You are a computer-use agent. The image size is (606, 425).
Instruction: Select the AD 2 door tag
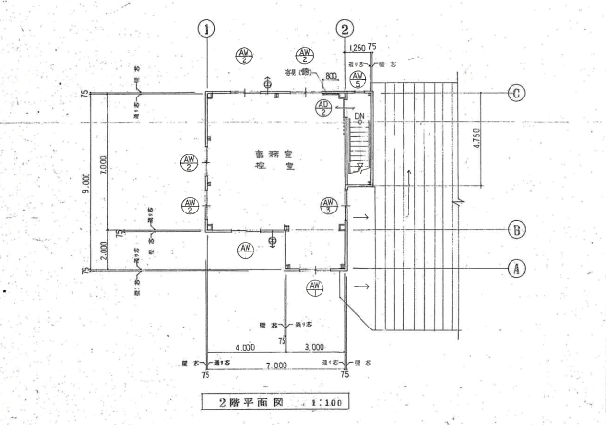click(x=324, y=107)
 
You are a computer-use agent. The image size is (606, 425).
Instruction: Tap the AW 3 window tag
click(x=328, y=206)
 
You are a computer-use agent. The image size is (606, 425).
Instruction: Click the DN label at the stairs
click(x=360, y=115)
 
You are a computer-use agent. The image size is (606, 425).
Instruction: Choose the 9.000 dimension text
click(x=87, y=180)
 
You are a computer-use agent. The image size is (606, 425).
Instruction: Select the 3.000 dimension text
click(x=315, y=347)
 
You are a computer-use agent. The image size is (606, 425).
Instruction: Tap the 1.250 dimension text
click(x=357, y=46)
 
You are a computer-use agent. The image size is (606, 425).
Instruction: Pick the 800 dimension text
click(x=332, y=75)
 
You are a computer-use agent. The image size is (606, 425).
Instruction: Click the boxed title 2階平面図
click(x=248, y=401)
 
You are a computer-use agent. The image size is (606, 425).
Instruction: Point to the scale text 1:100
click(x=317, y=401)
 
